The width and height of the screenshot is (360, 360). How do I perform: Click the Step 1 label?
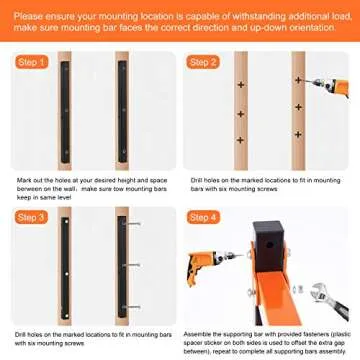point(31,62)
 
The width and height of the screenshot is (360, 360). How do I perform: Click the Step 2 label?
point(205,62)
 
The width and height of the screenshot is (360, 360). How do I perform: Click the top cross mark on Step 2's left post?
point(240,91)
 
